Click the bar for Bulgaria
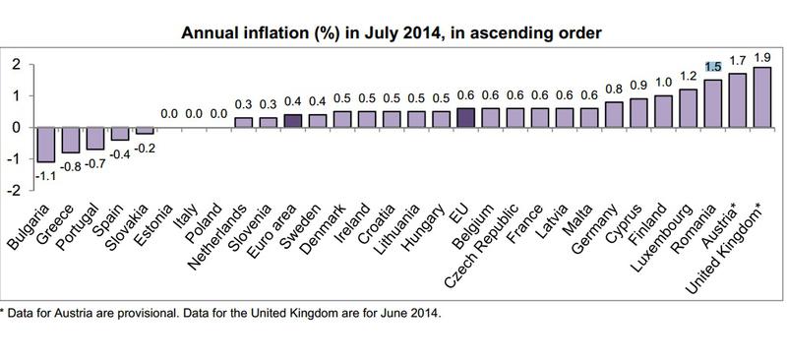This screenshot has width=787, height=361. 43,145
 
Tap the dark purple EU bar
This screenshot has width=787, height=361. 466,117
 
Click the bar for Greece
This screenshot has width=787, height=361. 70,140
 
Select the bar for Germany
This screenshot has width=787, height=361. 614,114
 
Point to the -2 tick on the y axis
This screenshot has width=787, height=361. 15,190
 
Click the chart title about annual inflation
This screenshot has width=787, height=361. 392,33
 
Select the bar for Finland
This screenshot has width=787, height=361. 661,111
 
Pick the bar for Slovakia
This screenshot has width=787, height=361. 144,130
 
